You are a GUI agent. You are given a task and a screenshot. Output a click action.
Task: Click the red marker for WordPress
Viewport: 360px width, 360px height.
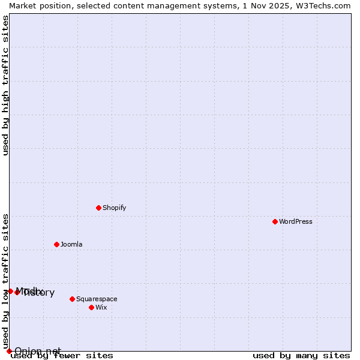(275, 221)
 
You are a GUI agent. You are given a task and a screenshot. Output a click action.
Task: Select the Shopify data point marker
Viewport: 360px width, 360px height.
(98, 208)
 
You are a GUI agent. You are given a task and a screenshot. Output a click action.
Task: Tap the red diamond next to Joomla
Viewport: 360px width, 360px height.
(56, 244)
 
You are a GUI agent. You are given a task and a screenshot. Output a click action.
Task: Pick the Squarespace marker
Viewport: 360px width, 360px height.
(72, 299)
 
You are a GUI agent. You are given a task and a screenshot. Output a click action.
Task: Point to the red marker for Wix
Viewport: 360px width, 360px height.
(91, 307)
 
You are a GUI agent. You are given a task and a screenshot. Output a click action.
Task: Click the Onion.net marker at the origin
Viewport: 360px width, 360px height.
(9, 351)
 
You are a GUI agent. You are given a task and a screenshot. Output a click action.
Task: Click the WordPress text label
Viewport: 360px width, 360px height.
(296, 221)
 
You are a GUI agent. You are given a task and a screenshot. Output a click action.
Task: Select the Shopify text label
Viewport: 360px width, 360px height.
(114, 208)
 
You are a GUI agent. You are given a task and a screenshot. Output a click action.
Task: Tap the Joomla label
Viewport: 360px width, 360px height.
(71, 244)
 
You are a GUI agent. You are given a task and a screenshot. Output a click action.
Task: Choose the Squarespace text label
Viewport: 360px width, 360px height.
(97, 299)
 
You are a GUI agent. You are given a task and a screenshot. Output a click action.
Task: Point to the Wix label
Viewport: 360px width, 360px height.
(101, 307)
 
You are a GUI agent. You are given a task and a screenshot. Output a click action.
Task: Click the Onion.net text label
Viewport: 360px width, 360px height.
(38, 351)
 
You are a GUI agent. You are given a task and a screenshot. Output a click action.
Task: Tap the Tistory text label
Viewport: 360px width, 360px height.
(40, 293)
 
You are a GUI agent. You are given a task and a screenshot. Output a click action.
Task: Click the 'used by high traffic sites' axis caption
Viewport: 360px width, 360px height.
(5, 85)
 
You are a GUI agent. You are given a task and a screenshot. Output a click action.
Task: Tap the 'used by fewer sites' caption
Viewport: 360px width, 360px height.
(62, 356)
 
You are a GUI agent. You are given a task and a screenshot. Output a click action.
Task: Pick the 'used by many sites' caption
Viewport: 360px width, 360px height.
(301, 356)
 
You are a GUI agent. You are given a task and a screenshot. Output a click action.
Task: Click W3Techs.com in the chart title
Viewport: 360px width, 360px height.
(320, 5)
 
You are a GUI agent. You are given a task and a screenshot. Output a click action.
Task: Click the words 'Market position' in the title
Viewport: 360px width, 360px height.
(38, 5)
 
